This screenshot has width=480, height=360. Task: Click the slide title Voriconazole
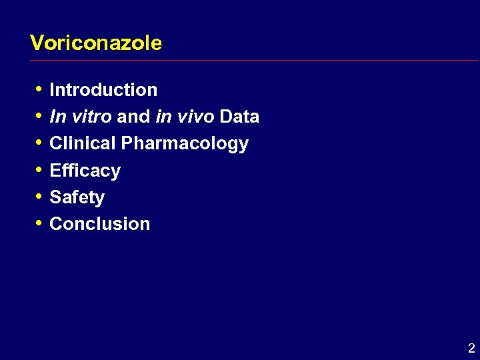[x=96, y=43]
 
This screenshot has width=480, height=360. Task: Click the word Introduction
[x=103, y=90]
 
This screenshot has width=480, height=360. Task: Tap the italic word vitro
[x=91, y=117]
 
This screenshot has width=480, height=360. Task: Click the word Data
[x=239, y=117]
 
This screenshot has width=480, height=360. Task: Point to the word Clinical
[x=83, y=143]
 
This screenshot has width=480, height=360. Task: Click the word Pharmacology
[x=185, y=144]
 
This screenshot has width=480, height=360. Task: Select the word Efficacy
[x=85, y=171]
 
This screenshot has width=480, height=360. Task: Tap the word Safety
[x=77, y=197]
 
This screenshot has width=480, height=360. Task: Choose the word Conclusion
[x=99, y=224]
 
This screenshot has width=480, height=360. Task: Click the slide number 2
[x=471, y=348]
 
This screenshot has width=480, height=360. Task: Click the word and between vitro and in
[x=133, y=117]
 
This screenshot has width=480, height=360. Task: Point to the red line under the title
[x=253, y=61]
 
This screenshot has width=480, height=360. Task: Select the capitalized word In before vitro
[x=57, y=117]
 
